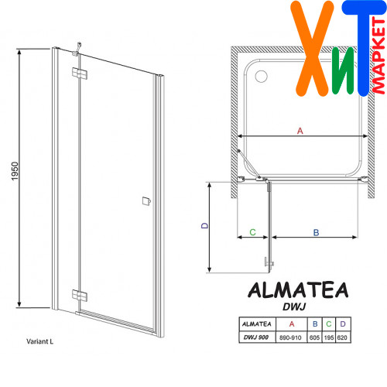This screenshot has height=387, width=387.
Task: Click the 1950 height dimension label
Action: tap(15, 171)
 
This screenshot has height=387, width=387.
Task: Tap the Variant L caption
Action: tap(39, 341)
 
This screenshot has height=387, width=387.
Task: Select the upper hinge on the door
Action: tap(79, 73)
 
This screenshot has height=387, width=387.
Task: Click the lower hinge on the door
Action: tap(79, 296)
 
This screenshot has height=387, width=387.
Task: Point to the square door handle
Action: tap(146, 201)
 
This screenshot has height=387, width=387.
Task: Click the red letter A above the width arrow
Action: tap(300, 131)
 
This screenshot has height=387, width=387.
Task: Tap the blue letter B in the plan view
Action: tap(316, 232)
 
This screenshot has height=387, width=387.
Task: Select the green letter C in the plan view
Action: tap(252, 232)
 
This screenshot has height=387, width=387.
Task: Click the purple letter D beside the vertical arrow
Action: tap(204, 225)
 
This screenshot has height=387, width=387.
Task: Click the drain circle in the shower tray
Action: tap(261, 77)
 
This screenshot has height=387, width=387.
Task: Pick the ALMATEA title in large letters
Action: tap(298, 290)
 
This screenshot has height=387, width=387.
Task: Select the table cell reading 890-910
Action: tap(290, 337)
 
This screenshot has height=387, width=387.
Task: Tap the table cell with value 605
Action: tap(314, 337)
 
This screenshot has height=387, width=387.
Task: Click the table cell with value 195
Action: tap(329, 337)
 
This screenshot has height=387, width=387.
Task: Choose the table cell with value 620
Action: tap(342, 337)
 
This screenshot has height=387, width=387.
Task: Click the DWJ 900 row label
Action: tap(256, 337)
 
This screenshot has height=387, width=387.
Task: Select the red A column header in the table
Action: tap(292, 324)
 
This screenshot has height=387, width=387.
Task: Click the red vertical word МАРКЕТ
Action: tap(379, 56)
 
